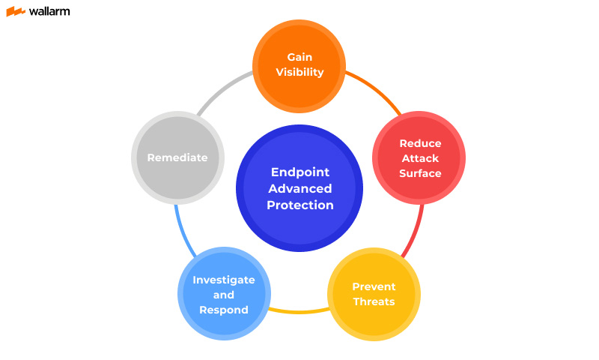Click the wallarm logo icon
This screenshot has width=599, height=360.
tap(15, 11)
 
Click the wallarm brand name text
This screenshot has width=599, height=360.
tap(49, 11)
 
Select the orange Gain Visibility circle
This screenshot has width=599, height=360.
tap(299, 64)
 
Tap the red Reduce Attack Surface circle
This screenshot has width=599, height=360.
tap(419, 157)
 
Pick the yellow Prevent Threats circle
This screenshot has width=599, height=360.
tap(374, 294)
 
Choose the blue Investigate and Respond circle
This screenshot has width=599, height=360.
tap(224, 294)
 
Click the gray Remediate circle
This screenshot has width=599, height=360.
tap(178, 157)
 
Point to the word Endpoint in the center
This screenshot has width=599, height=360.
tap(299, 172)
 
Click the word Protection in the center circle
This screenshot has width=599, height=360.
tap(299, 205)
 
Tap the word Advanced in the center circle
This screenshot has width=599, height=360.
tap(299, 188)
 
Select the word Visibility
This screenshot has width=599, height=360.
tap(299, 73)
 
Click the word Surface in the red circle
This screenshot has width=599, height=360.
tap(420, 173)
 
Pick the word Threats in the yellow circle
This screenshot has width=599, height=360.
tap(374, 301)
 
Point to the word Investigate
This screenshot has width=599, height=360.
tap(224, 280)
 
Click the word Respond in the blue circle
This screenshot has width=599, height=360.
tap(224, 310)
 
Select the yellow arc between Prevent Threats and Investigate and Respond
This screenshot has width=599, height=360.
tap(299, 310)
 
